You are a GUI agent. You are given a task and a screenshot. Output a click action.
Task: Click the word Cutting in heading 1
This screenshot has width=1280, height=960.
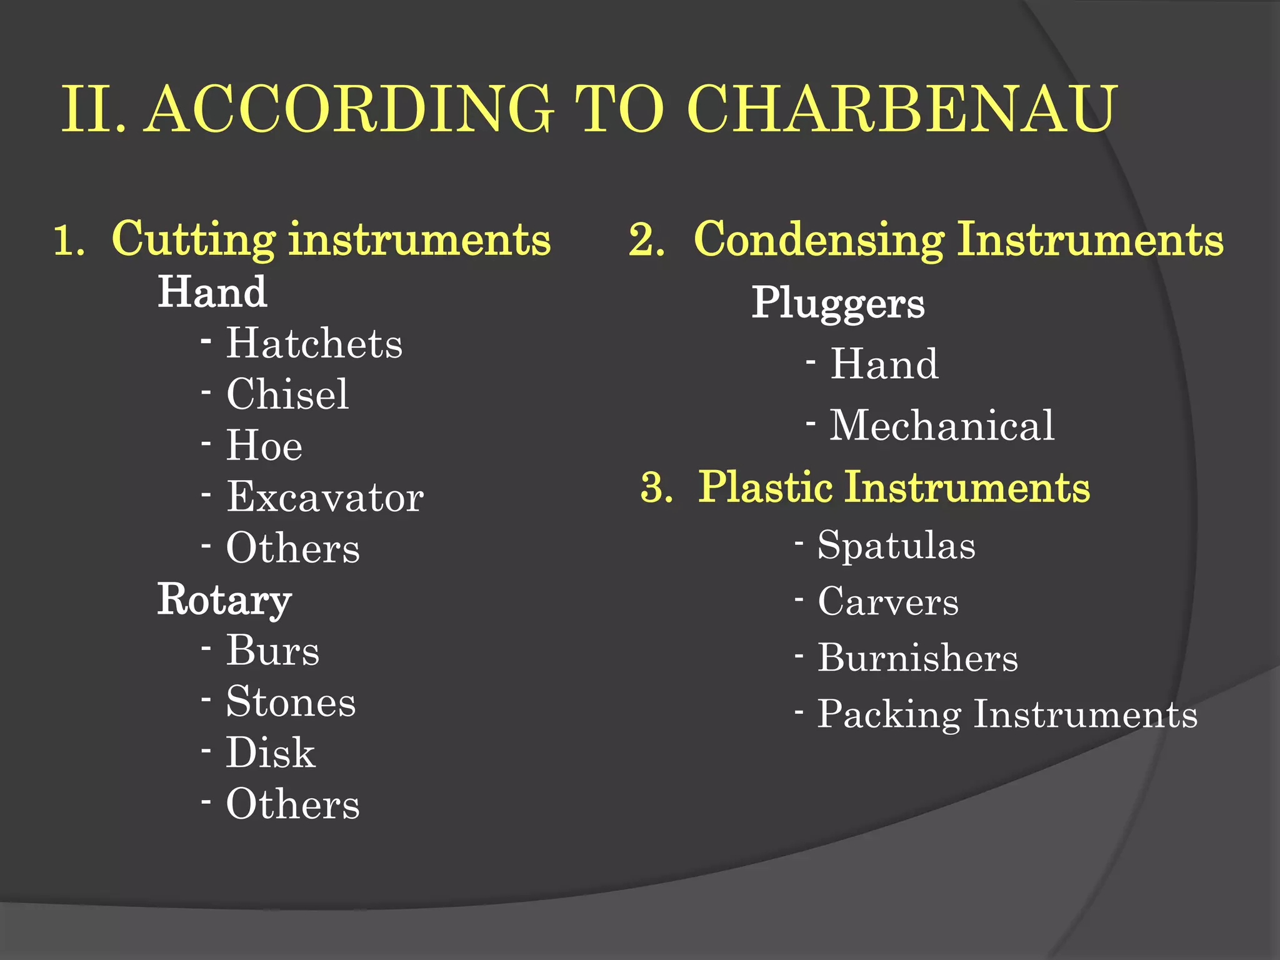(194, 239)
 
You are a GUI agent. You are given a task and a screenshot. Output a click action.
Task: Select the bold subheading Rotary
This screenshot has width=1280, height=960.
(224, 599)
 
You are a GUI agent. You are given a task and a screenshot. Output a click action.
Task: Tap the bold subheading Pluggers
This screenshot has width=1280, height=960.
(837, 303)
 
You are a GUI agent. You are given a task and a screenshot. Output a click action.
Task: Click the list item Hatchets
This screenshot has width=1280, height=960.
(314, 343)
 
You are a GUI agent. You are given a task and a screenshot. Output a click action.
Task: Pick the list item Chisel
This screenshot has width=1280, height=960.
(287, 394)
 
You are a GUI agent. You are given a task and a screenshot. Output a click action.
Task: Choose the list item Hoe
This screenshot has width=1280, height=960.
(264, 446)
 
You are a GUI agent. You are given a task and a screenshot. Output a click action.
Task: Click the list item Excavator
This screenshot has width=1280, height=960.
(325, 497)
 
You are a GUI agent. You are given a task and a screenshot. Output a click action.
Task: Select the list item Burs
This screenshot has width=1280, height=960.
(272, 651)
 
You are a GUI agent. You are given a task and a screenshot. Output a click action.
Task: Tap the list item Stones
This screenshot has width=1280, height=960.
(291, 702)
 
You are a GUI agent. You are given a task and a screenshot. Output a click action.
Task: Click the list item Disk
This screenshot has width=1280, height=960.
(271, 752)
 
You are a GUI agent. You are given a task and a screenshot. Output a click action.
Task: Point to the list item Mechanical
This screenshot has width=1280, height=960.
(942, 426)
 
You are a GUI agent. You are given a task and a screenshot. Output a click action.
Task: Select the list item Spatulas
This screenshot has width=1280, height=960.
(896, 545)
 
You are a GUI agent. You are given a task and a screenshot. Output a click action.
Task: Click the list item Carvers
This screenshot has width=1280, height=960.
(888, 601)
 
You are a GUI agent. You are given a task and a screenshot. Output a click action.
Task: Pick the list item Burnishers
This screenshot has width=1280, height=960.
(918, 657)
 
